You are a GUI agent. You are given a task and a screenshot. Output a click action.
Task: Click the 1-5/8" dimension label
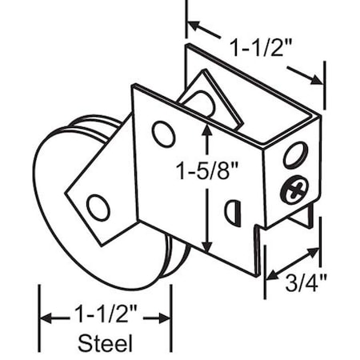(207, 169)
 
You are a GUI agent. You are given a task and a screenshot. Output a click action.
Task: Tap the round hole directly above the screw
(294, 154)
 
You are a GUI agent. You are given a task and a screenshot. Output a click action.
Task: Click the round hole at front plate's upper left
(163, 134)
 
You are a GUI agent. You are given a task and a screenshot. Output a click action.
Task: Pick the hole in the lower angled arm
(98, 207)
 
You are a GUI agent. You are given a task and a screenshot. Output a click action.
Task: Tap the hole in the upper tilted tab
(203, 102)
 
